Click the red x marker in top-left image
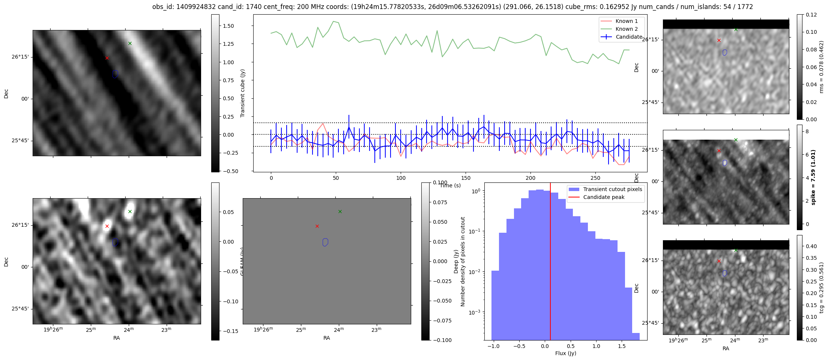point(107,58)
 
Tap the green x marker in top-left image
point(130,43)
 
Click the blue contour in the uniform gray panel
point(325,243)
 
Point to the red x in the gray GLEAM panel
point(317,226)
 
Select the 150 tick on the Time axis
point(466,178)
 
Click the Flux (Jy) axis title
point(565,353)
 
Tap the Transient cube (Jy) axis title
point(243,93)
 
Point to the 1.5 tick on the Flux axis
point(622,346)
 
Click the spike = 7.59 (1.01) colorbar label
point(813,177)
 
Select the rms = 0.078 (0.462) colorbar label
point(822,66)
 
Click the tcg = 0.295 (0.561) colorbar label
point(822,288)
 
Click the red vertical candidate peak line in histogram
point(550,263)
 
